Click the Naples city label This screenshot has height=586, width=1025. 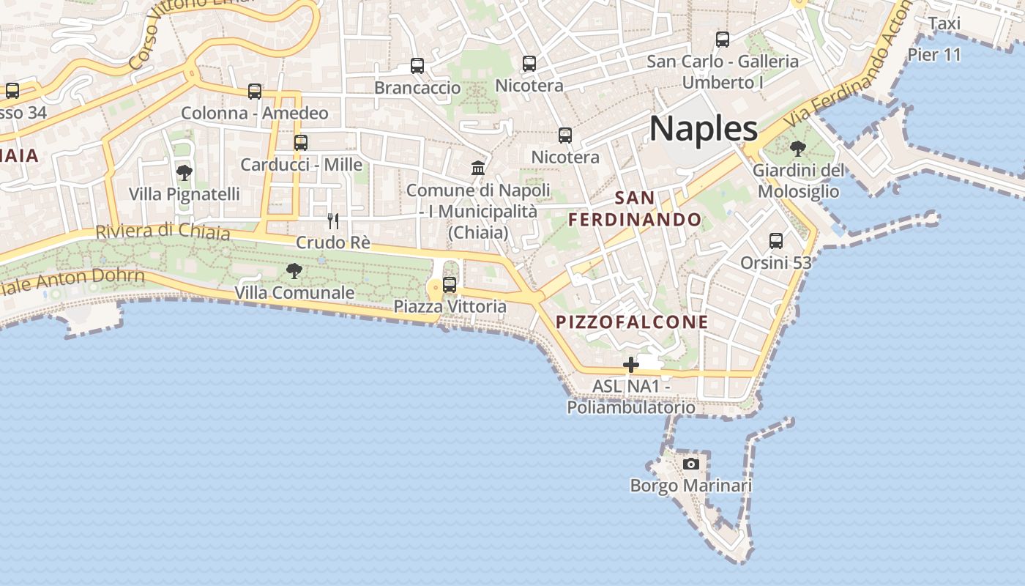[x=704, y=129]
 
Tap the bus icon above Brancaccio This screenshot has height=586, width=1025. [x=417, y=66]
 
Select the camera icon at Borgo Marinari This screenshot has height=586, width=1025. [x=690, y=464]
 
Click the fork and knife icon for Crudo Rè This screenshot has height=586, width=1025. [x=333, y=220]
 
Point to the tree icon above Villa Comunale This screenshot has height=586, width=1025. [x=294, y=271]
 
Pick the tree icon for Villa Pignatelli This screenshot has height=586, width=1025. [x=184, y=173]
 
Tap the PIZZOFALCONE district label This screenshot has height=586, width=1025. [x=632, y=322]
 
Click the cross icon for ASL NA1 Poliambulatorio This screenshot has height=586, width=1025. [x=630, y=364]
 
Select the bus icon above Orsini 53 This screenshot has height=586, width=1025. [x=776, y=240]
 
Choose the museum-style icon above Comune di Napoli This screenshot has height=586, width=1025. [x=479, y=168]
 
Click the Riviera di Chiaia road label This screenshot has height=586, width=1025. [x=163, y=231]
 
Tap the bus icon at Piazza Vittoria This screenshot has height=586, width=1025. [x=450, y=284]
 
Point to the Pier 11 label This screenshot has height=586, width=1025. [x=933, y=54]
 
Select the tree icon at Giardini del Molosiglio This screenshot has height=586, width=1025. [x=798, y=149]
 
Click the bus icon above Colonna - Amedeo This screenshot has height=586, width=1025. [x=255, y=92]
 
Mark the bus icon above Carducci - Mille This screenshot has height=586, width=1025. [x=301, y=143]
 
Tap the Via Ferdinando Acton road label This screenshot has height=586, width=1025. [x=846, y=72]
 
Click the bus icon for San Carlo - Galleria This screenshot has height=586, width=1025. [x=723, y=40]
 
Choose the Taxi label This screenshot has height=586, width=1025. [x=944, y=23]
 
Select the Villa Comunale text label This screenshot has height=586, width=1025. [x=294, y=292]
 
